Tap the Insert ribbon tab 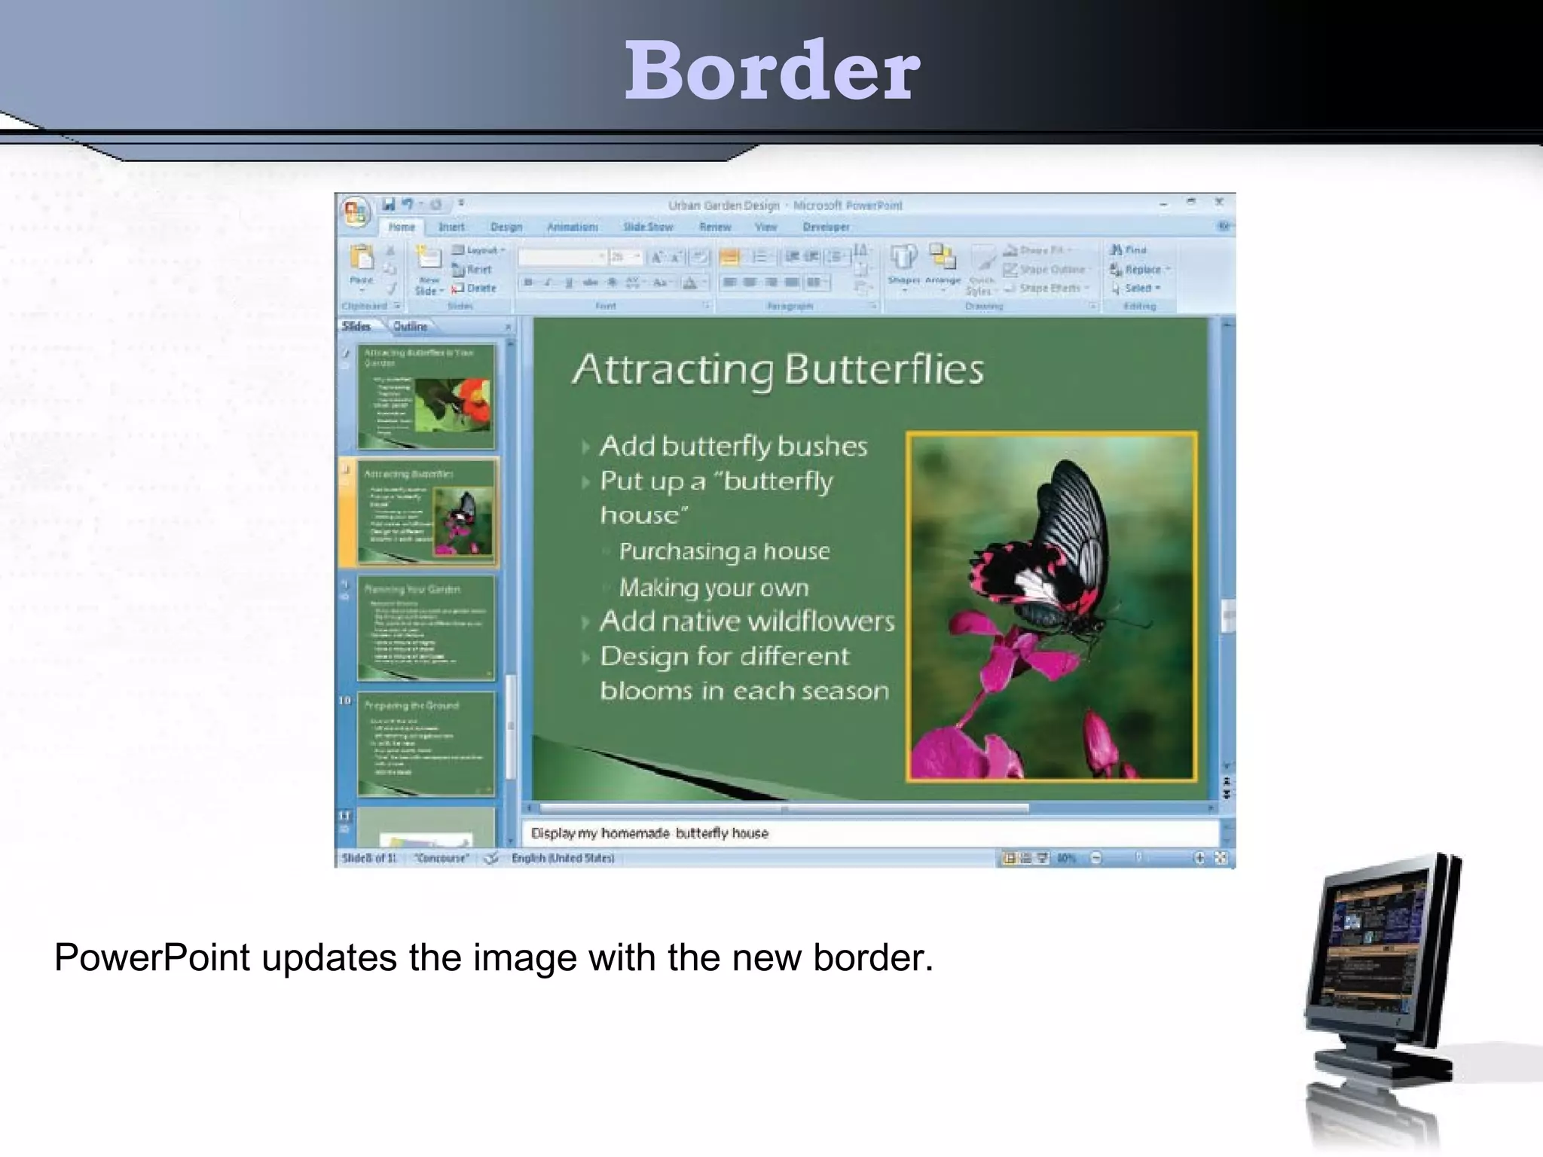pyautogui.click(x=451, y=227)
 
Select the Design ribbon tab pyautogui.click(x=506, y=227)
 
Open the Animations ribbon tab pyautogui.click(x=572, y=227)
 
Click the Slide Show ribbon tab pyautogui.click(x=648, y=227)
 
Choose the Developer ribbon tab pyautogui.click(x=826, y=227)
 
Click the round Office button pyautogui.click(x=355, y=212)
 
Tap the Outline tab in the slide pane pyautogui.click(x=410, y=326)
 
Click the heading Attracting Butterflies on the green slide pyautogui.click(x=778, y=369)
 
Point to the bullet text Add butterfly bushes pyautogui.click(x=733, y=447)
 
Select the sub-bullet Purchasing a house pyautogui.click(x=724, y=551)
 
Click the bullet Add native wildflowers pyautogui.click(x=747, y=621)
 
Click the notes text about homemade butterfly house pyautogui.click(x=649, y=833)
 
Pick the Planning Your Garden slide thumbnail pyautogui.click(x=426, y=628)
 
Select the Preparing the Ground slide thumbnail pyautogui.click(x=426, y=743)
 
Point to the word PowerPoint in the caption pyautogui.click(x=151, y=958)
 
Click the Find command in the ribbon pyautogui.click(x=1129, y=249)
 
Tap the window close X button pyautogui.click(x=1219, y=202)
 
